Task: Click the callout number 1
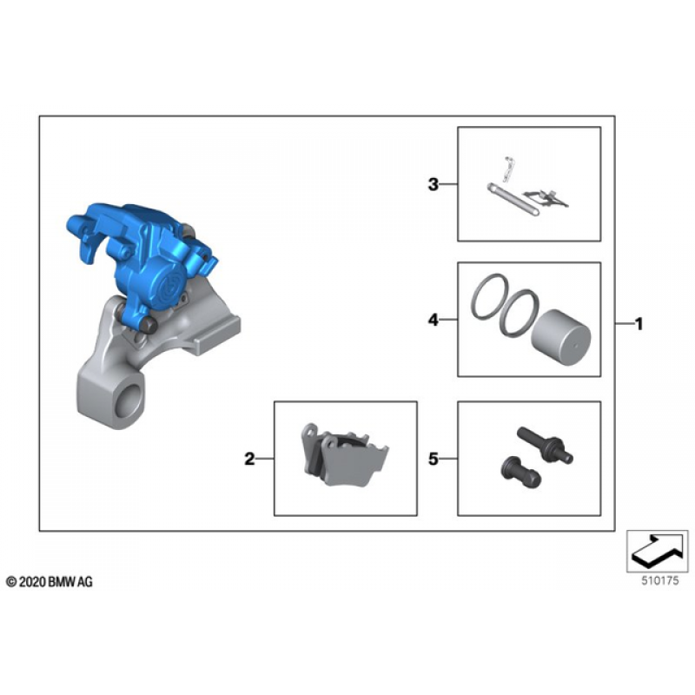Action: (x=639, y=324)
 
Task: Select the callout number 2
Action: (x=249, y=459)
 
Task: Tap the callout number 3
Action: (x=433, y=184)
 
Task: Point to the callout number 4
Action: (x=433, y=319)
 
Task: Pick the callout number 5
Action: (x=433, y=459)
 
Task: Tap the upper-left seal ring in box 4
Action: (x=490, y=296)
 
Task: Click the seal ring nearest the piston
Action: (x=519, y=313)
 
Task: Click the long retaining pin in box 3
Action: (x=513, y=200)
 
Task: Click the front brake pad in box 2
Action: (x=354, y=461)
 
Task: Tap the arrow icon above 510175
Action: (x=658, y=550)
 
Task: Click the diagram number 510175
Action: (x=660, y=580)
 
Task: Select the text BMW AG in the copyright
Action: (x=70, y=582)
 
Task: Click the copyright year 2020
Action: (x=32, y=582)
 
